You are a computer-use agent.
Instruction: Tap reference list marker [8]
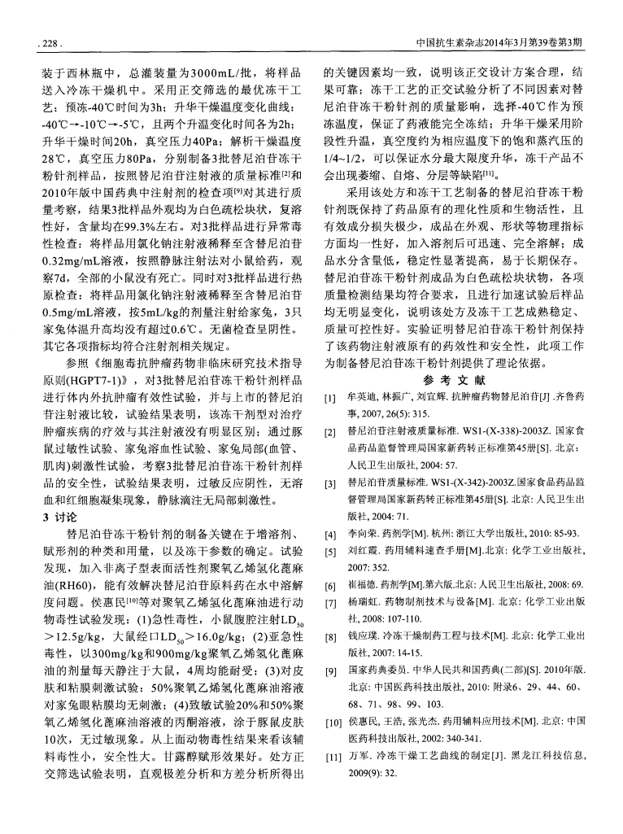(329, 635)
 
